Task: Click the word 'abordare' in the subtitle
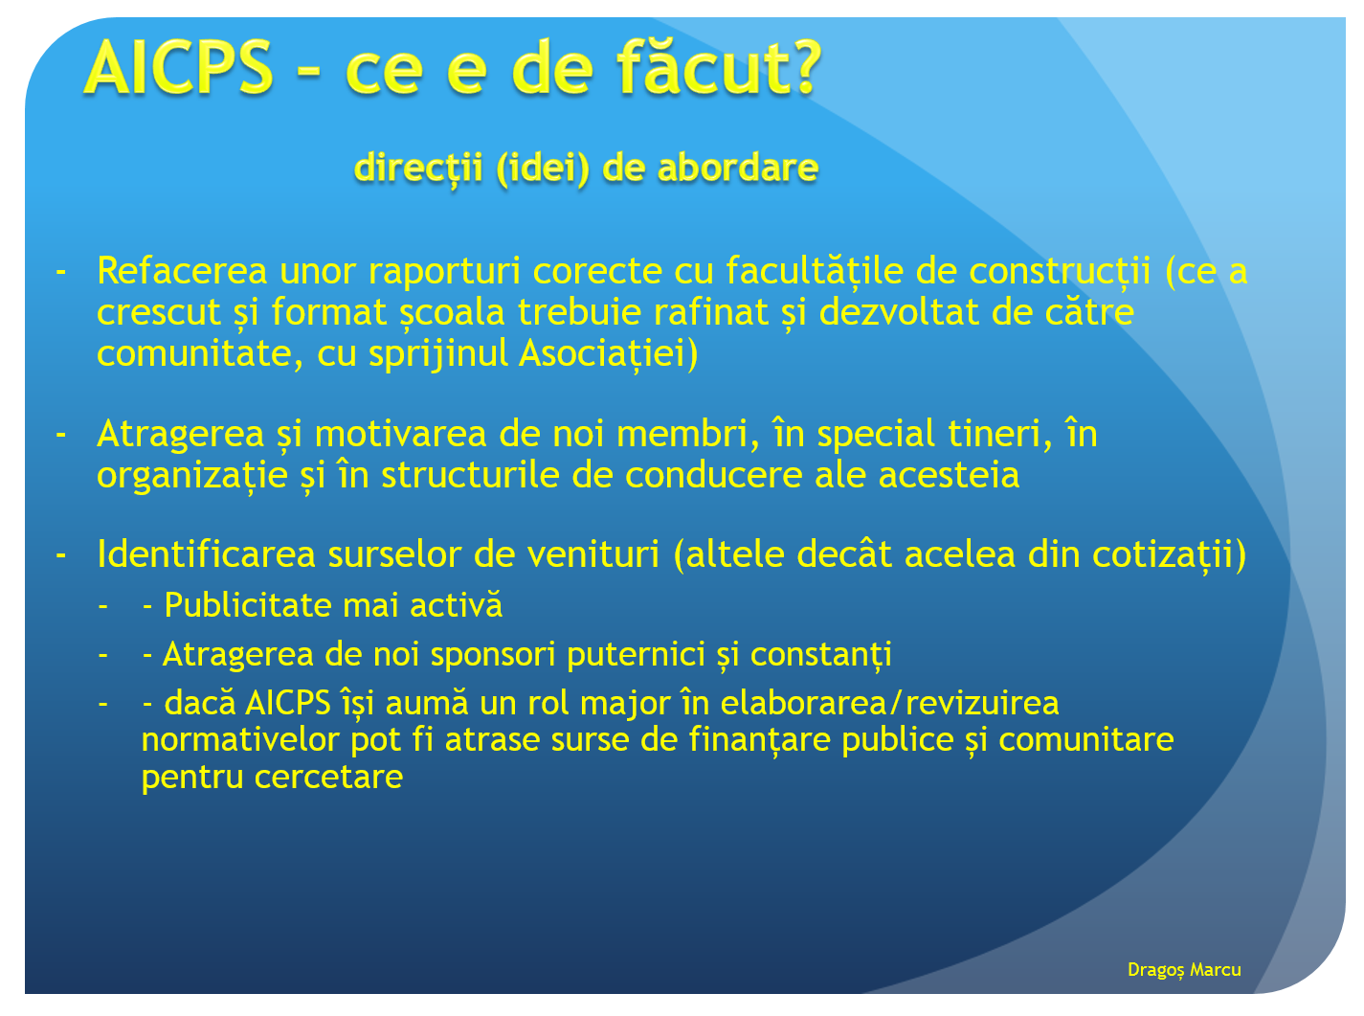[x=737, y=168]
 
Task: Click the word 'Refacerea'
[x=182, y=270]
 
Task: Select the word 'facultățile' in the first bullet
[x=815, y=271]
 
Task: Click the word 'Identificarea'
[x=207, y=553]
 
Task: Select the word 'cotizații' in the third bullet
[x=1163, y=554]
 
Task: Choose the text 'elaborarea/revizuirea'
[x=890, y=704]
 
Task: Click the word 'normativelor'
[x=240, y=739]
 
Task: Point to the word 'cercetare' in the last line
[x=329, y=778]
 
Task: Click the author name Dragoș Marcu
[x=1184, y=970]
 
